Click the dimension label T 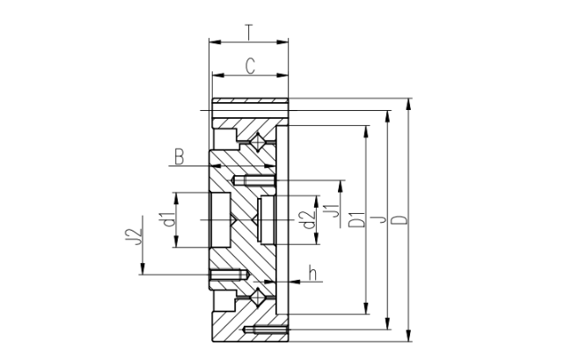tap(248, 32)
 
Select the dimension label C tap(250, 66)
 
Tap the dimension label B tap(179, 157)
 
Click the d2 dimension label tap(310, 220)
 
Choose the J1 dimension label tap(333, 210)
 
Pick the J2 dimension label tap(133, 237)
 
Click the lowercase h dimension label tap(312, 273)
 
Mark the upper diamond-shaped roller tap(258, 142)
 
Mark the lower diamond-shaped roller tap(258, 297)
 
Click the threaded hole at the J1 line tap(253, 180)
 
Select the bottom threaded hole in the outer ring tap(265, 330)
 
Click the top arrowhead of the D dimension tap(408, 104)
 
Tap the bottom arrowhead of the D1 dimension tap(366, 308)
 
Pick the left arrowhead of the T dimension tap(216, 42)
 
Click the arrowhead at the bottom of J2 tap(143, 268)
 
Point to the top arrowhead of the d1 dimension tap(176, 198)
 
